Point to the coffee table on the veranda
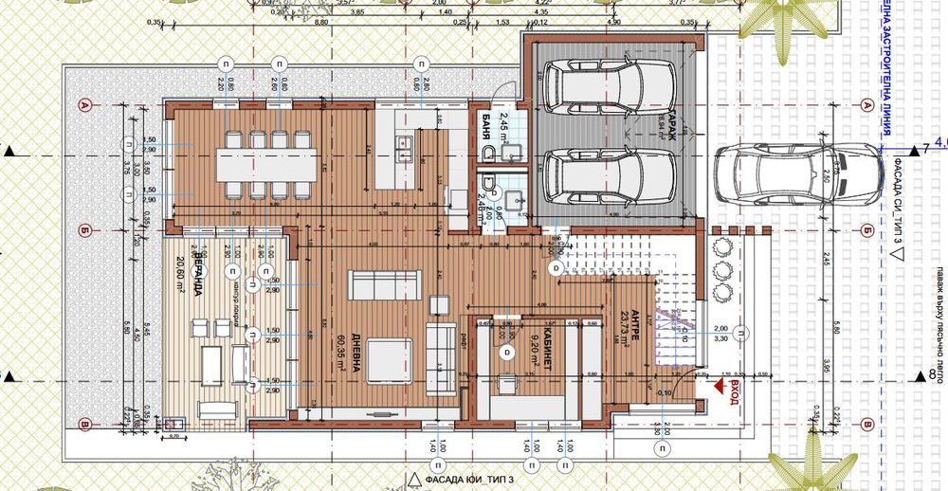pyautogui.click(x=212, y=359)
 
